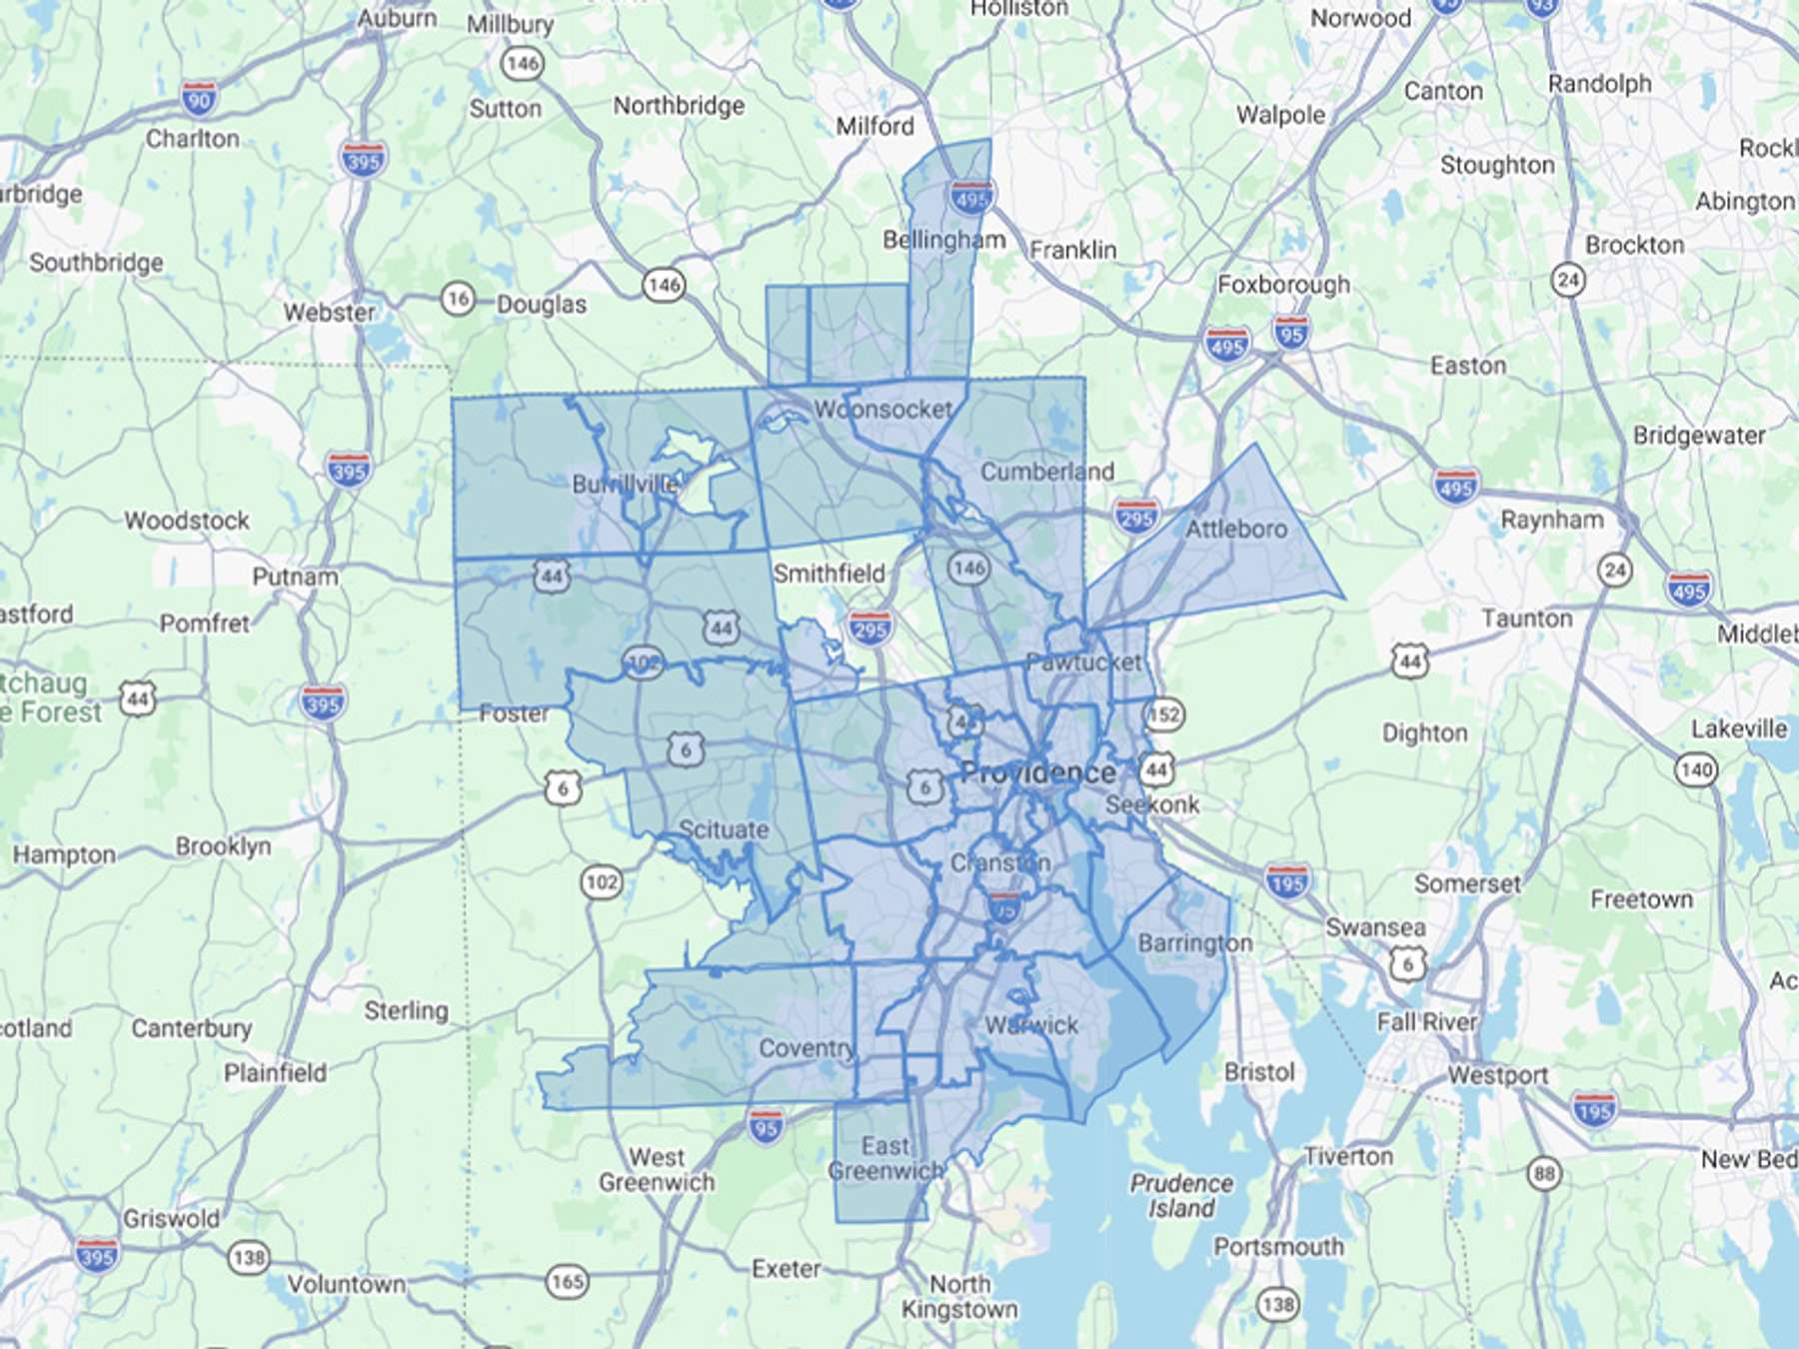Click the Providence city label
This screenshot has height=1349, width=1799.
1037,772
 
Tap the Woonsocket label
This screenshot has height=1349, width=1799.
883,410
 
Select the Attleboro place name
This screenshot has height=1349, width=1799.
1236,529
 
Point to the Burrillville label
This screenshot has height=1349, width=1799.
625,485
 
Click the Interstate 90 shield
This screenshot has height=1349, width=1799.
199,99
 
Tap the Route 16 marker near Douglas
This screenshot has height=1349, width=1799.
457,298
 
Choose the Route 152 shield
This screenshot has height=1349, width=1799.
1164,714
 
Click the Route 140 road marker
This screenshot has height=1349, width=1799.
1696,769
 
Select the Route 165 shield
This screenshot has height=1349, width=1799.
567,1281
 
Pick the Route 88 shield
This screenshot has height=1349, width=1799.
1544,1173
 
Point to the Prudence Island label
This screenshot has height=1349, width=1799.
1181,1196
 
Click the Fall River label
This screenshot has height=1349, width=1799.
1426,1022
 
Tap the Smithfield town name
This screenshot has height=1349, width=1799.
829,574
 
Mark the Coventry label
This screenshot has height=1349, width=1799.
806,1048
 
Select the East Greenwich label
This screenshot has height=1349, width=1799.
886,1158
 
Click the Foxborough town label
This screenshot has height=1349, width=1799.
1283,285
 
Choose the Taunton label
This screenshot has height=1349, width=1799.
1526,619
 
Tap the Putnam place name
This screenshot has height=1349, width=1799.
295,577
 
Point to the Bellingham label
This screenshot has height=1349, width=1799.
943,240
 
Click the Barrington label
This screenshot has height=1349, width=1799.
1194,943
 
